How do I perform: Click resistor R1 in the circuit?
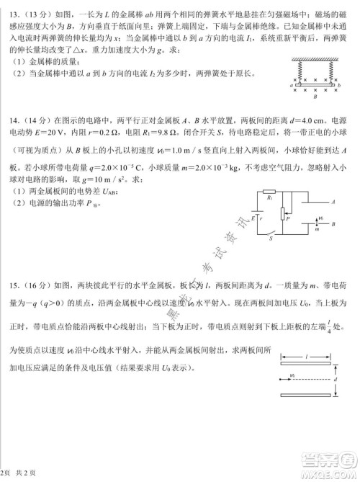(268, 196)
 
